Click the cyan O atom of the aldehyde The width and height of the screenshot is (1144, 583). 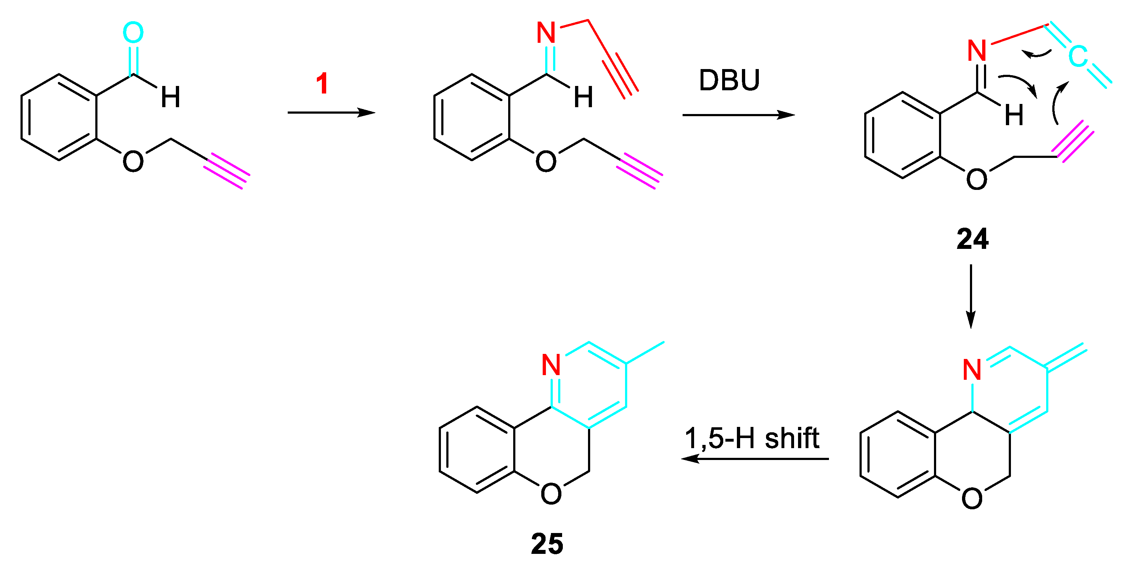[x=133, y=32]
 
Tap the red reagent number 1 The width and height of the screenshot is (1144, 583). [x=322, y=83]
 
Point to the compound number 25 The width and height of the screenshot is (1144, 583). [x=547, y=544]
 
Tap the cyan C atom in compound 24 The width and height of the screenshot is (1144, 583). [x=1078, y=56]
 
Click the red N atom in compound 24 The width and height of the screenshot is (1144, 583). [x=977, y=51]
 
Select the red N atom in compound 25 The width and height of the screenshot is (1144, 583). [x=551, y=365]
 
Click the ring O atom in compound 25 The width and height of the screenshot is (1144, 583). [x=551, y=493]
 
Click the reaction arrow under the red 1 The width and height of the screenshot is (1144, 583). [x=331, y=113]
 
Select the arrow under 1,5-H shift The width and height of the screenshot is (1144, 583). [x=755, y=459]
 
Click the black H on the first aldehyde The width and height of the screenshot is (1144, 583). [x=170, y=97]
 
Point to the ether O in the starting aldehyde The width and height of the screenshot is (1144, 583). [x=133, y=161]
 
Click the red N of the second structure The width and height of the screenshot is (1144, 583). [x=546, y=32]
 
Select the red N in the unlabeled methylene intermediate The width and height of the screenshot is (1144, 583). [x=972, y=369]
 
